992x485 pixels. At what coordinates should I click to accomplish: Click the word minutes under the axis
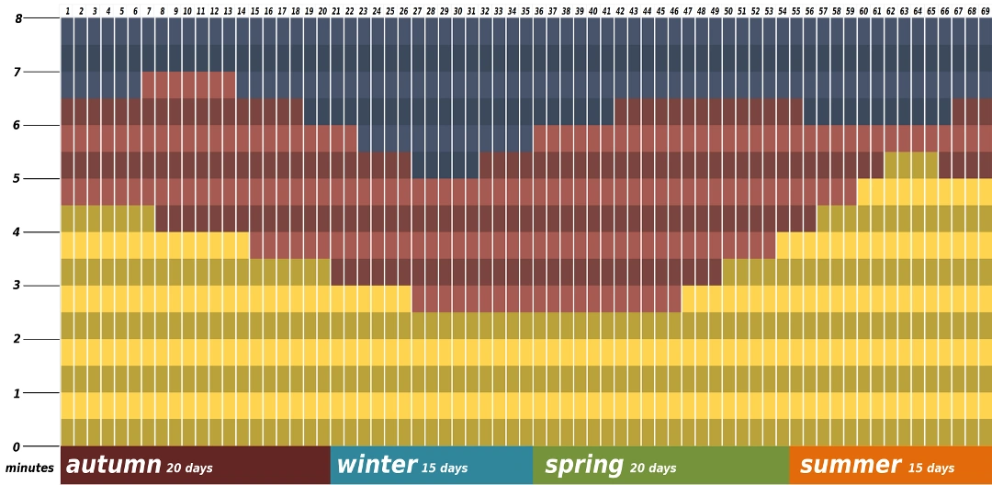[29, 468]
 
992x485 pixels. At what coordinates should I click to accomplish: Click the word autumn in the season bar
[113, 465]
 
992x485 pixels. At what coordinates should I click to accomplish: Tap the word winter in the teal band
[376, 465]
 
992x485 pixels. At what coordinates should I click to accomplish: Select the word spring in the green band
[583, 465]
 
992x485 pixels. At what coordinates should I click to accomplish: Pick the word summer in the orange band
[850, 465]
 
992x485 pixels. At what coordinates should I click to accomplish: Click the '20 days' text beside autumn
[189, 468]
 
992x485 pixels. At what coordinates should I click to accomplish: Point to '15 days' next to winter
[445, 468]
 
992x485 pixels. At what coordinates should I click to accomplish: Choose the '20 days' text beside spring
[652, 468]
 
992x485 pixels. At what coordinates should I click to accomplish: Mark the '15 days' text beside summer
[931, 468]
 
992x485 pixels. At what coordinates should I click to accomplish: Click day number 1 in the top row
[67, 11]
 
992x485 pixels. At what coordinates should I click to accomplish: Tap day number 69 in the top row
[986, 11]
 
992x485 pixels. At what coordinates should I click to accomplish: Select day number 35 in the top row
[525, 11]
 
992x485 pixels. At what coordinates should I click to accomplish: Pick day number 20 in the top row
[322, 11]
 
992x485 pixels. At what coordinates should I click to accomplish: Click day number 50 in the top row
[728, 11]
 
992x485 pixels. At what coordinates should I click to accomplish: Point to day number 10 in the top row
[187, 11]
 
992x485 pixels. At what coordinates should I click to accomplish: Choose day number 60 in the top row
[863, 11]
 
